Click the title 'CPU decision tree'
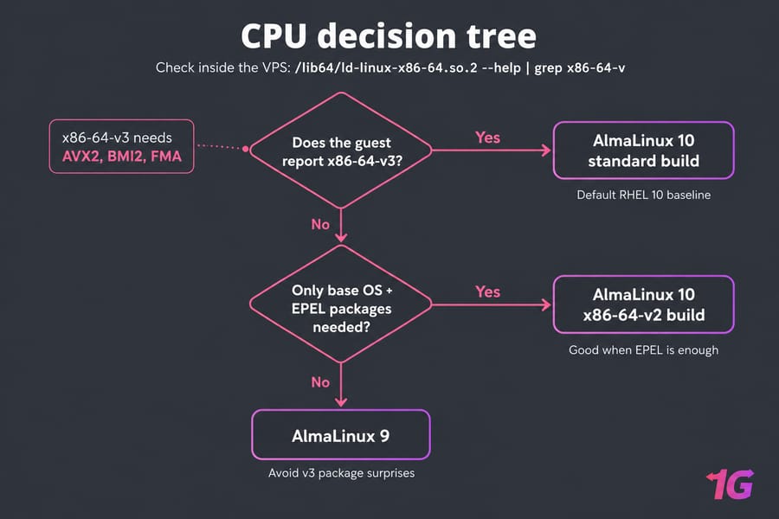click(389, 35)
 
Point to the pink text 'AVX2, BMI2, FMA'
click(122, 157)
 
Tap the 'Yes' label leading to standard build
click(487, 138)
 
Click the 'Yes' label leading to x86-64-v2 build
click(487, 292)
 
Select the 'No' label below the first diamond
click(320, 225)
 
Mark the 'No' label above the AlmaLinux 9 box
click(320, 382)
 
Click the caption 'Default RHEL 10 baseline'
click(643, 195)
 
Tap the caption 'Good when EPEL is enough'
click(643, 350)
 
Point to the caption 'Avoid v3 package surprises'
click(341, 473)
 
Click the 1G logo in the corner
click(730, 484)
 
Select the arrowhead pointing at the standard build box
click(546, 150)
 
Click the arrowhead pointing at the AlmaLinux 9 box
click(341, 401)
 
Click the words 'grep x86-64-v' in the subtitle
click(579, 67)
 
